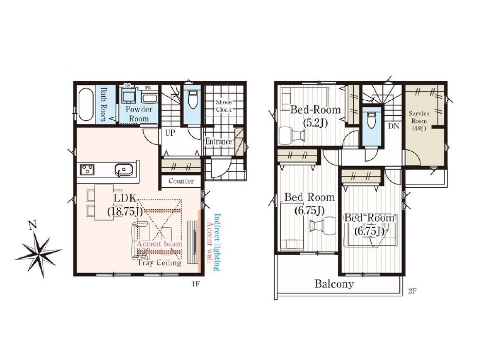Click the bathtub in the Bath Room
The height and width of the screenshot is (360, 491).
point(85,104)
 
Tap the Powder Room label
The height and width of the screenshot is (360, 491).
point(139,114)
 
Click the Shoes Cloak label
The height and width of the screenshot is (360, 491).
point(224,105)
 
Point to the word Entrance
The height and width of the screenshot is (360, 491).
point(219,141)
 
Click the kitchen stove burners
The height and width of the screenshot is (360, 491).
point(88,170)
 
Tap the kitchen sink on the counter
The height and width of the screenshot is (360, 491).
point(124,170)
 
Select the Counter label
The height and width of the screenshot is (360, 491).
point(181,181)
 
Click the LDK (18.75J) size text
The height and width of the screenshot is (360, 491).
point(125,205)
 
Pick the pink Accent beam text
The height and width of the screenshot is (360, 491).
point(159,244)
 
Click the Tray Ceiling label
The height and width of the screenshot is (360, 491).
point(159,263)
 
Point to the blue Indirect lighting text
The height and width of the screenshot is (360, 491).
point(216,242)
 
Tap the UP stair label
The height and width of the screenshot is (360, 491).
point(170,133)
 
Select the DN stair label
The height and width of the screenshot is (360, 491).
point(394,127)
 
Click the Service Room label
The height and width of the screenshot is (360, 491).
point(419,121)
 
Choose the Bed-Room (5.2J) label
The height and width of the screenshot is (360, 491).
point(315,116)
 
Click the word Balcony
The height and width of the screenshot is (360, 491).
point(334,284)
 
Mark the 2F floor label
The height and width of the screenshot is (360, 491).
point(412,291)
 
